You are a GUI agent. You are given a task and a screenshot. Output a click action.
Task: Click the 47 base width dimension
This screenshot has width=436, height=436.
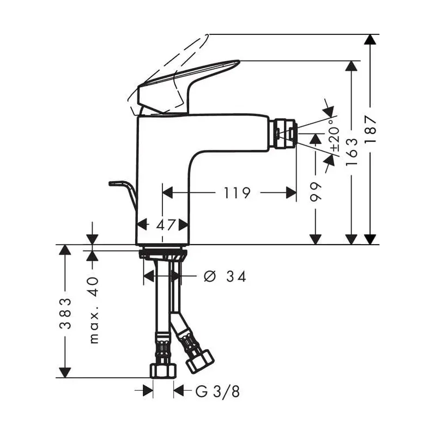tap(162, 225)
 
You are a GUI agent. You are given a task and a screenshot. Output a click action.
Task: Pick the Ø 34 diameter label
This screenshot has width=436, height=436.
tap(224, 277)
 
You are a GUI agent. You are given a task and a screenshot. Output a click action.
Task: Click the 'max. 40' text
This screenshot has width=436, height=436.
tap(93, 310)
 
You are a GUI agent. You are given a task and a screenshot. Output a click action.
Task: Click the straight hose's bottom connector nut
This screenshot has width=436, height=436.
tap(163, 371)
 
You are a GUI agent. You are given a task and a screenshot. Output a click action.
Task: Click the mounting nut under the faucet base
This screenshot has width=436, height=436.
tap(162, 254)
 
